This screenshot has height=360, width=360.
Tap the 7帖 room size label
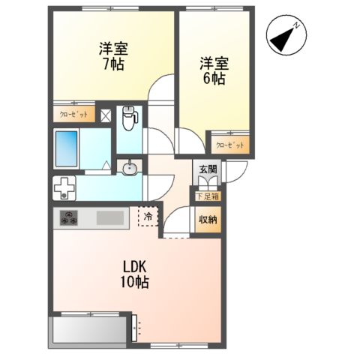[115, 64]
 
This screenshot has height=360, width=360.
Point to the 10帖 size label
[136, 283]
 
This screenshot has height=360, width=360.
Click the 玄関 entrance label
[207, 169]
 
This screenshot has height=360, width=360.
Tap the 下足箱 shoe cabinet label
[208, 196]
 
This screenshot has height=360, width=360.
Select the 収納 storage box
[208, 220]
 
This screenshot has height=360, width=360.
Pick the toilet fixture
[130, 116]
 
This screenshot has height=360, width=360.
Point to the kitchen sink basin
[111, 219]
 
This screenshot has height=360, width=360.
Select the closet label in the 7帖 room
[73, 115]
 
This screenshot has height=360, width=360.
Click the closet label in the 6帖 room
[229, 145]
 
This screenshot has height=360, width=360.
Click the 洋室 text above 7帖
[115, 49]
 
